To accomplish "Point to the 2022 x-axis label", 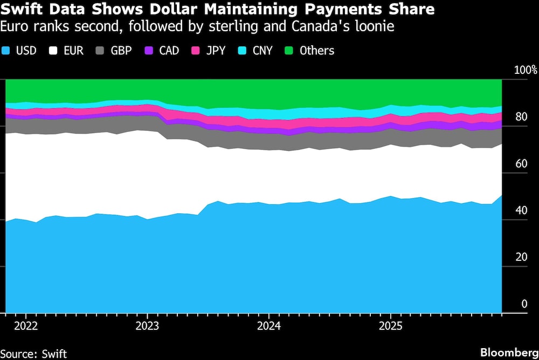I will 25,326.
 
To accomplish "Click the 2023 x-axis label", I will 147,326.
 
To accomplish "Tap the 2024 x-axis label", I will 269,326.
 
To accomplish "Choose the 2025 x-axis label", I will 391,326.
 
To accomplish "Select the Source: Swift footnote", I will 34,354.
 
